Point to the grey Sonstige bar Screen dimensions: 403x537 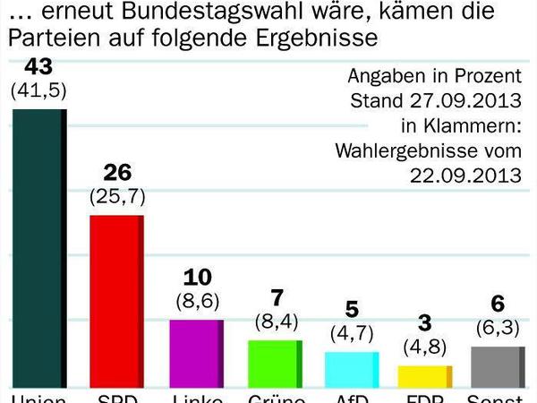coord(497,366)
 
